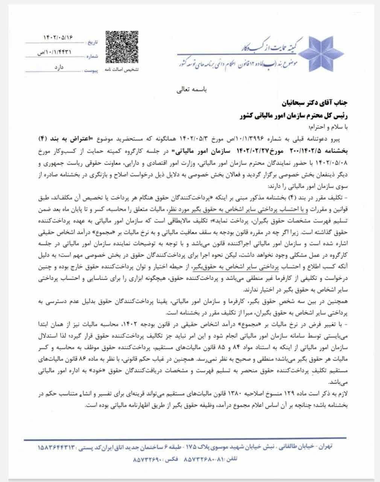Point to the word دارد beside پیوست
click(x=59, y=67)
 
